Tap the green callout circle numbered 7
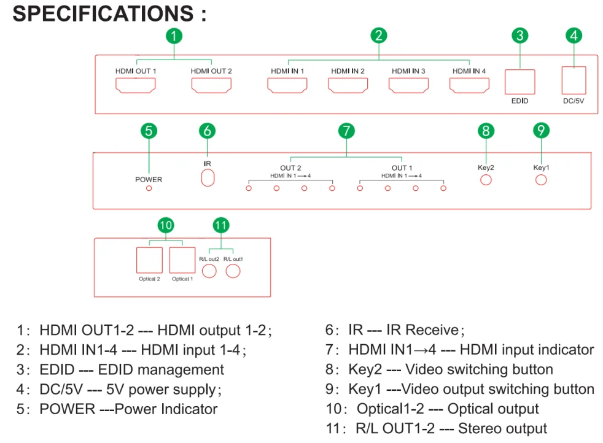(x=346, y=131)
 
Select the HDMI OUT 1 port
(x=136, y=86)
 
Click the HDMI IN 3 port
(x=408, y=86)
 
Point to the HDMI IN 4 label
(x=469, y=71)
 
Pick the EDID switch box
(x=519, y=82)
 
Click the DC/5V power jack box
(x=574, y=79)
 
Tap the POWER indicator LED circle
(x=149, y=188)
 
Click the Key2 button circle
(x=486, y=180)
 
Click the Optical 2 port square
(x=149, y=260)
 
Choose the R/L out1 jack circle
(x=233, y=270)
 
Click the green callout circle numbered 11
(x=221, y=225)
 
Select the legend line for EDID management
(x=120, y=370)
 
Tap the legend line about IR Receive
(x=394, y=331)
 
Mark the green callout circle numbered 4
(x=574, y=36)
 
